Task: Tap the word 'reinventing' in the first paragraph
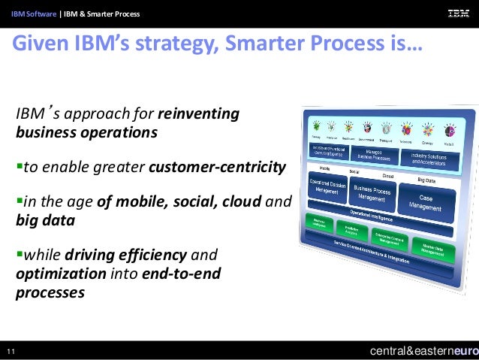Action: point(198,115)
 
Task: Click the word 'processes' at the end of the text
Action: point(50,292)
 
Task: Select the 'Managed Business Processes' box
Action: point(373,155)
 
